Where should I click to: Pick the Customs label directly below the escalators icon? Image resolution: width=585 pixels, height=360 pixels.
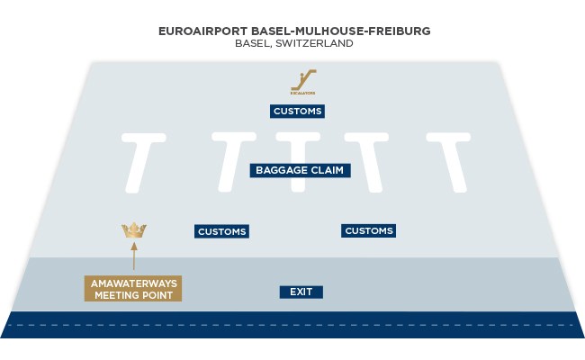296,112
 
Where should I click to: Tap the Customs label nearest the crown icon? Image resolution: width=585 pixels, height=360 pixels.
221,231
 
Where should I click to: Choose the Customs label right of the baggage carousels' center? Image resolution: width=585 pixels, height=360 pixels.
369,231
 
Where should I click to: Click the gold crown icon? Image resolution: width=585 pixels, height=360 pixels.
133,230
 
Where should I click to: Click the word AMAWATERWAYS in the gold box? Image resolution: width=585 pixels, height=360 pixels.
133,283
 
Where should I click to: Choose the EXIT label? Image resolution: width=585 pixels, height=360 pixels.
301,292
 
